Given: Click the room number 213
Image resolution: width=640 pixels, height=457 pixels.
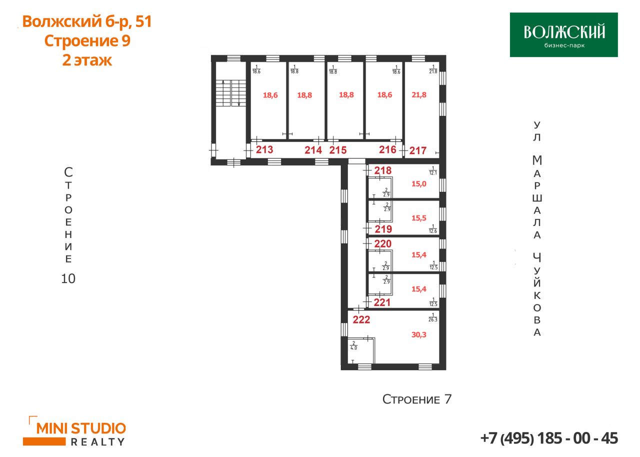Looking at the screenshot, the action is [x=264, y=149].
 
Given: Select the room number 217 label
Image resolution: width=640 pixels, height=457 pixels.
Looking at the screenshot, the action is [x=417, y=150].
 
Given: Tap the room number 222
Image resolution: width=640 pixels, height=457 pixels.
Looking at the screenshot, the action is [x=361, y=319].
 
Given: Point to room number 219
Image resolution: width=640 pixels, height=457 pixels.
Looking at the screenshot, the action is [x=383, y=229].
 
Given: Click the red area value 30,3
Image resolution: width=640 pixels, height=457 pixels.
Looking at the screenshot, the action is [x=418, y=334].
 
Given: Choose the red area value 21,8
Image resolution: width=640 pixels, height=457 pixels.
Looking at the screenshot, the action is [x=419, y=94].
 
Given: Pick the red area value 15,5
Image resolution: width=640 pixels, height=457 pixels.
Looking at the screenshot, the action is [x=419, y=218].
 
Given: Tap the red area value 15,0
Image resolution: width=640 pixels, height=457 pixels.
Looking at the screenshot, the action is [x=419, y=183].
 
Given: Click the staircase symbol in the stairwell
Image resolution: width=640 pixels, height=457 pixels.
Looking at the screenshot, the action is [x=230, y=93].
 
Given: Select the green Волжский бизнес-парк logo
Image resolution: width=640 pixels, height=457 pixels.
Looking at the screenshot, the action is [x=563, y=34].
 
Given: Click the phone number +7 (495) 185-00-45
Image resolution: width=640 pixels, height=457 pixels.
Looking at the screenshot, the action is [x=549, y=438].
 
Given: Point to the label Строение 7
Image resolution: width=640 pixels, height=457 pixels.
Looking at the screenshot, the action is [x=417, y=399].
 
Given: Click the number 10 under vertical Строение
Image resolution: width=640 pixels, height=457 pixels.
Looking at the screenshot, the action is [x=68, y=278].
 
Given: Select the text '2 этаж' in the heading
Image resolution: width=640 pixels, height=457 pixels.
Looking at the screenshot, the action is [x=87, y=60].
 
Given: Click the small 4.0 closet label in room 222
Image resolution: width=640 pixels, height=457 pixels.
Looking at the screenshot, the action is [x=353, y=346].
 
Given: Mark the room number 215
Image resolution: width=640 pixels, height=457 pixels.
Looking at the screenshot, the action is [x=337, y=150].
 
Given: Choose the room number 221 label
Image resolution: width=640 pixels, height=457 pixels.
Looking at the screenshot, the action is [x=382, y=302].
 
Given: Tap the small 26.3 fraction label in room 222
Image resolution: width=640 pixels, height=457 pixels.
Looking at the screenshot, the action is [x=433, y=317].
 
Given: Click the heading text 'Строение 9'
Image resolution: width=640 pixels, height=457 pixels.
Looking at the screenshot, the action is [x=87, y=40].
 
